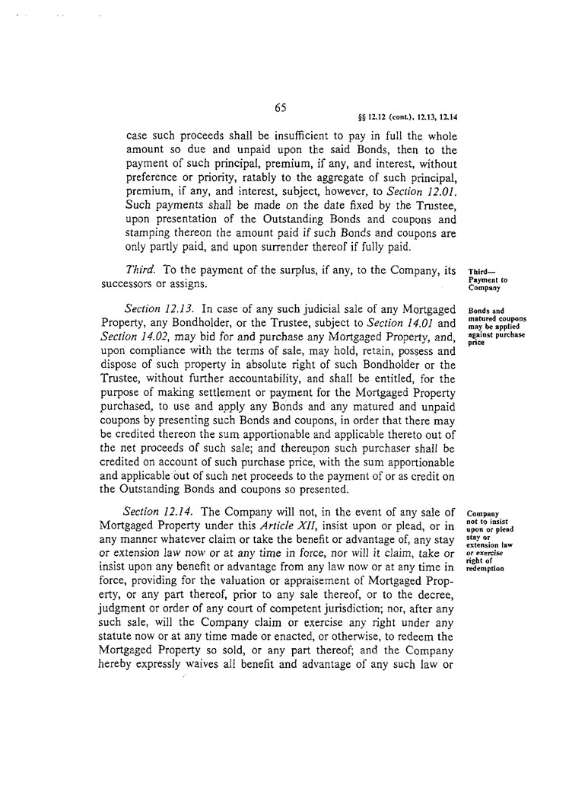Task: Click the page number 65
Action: [x=280, y=107]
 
